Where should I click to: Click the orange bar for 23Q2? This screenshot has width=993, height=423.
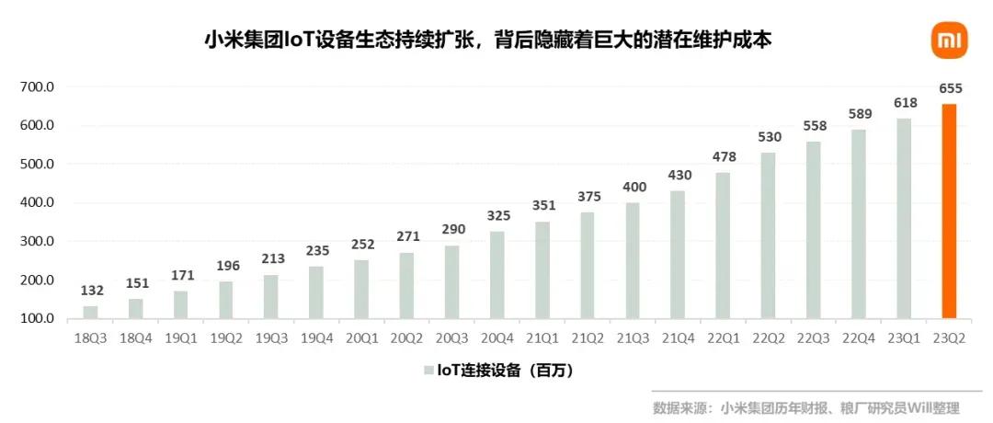tap(949, 211)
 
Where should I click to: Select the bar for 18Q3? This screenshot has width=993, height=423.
tap(90, 312)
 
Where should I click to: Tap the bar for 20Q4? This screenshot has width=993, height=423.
tap(497, 275)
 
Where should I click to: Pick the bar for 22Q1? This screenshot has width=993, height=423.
tap(724, 246)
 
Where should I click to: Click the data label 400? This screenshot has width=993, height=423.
tap(634, 188)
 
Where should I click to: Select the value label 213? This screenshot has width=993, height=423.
tap(273, 259)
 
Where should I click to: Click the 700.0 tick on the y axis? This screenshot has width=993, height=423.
tap(40, 86)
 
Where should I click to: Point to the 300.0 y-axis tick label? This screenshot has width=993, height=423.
tap(40, 241)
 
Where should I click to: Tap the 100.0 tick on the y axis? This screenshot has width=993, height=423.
tap(40, 318)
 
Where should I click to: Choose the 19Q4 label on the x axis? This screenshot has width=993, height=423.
tap(316, 338)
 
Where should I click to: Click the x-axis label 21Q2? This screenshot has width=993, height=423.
tap(587, 338)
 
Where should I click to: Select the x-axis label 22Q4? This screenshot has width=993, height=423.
tap(858, 338)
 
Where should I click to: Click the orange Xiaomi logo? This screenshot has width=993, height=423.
tap(949, 40)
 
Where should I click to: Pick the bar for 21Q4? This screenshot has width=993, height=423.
tap(678, 255)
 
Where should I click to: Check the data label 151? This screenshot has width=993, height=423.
tap(137, 283)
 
